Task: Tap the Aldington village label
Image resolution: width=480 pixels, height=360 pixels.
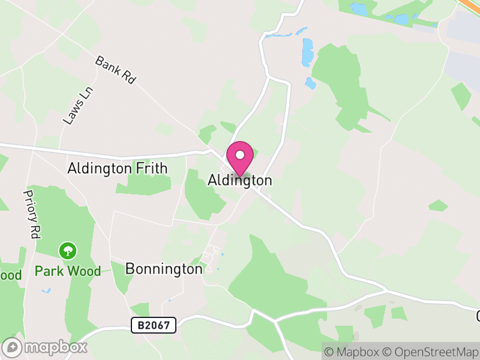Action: click(x=239, y=180)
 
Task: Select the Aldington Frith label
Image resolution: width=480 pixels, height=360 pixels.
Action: click(x=118, y=169)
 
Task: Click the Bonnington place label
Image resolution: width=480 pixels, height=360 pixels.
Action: click(x=164, y=269)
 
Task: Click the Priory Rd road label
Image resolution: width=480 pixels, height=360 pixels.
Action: click(x=31, y=214)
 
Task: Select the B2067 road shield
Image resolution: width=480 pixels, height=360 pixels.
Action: click(x=154, y=326)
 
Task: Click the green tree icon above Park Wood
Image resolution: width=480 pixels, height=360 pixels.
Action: click(x=68, y=250)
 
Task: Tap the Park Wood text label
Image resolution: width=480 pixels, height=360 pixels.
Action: click(x=68, y=271)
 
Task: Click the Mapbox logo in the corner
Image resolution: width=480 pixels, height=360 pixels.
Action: click(x=45, y=347)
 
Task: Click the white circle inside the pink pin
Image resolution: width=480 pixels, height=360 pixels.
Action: click(x=240, y=155)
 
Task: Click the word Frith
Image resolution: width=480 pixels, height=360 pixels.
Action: click(x=151, y=169)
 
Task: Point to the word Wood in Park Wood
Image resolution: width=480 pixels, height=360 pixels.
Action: click(x=83, y=271)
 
